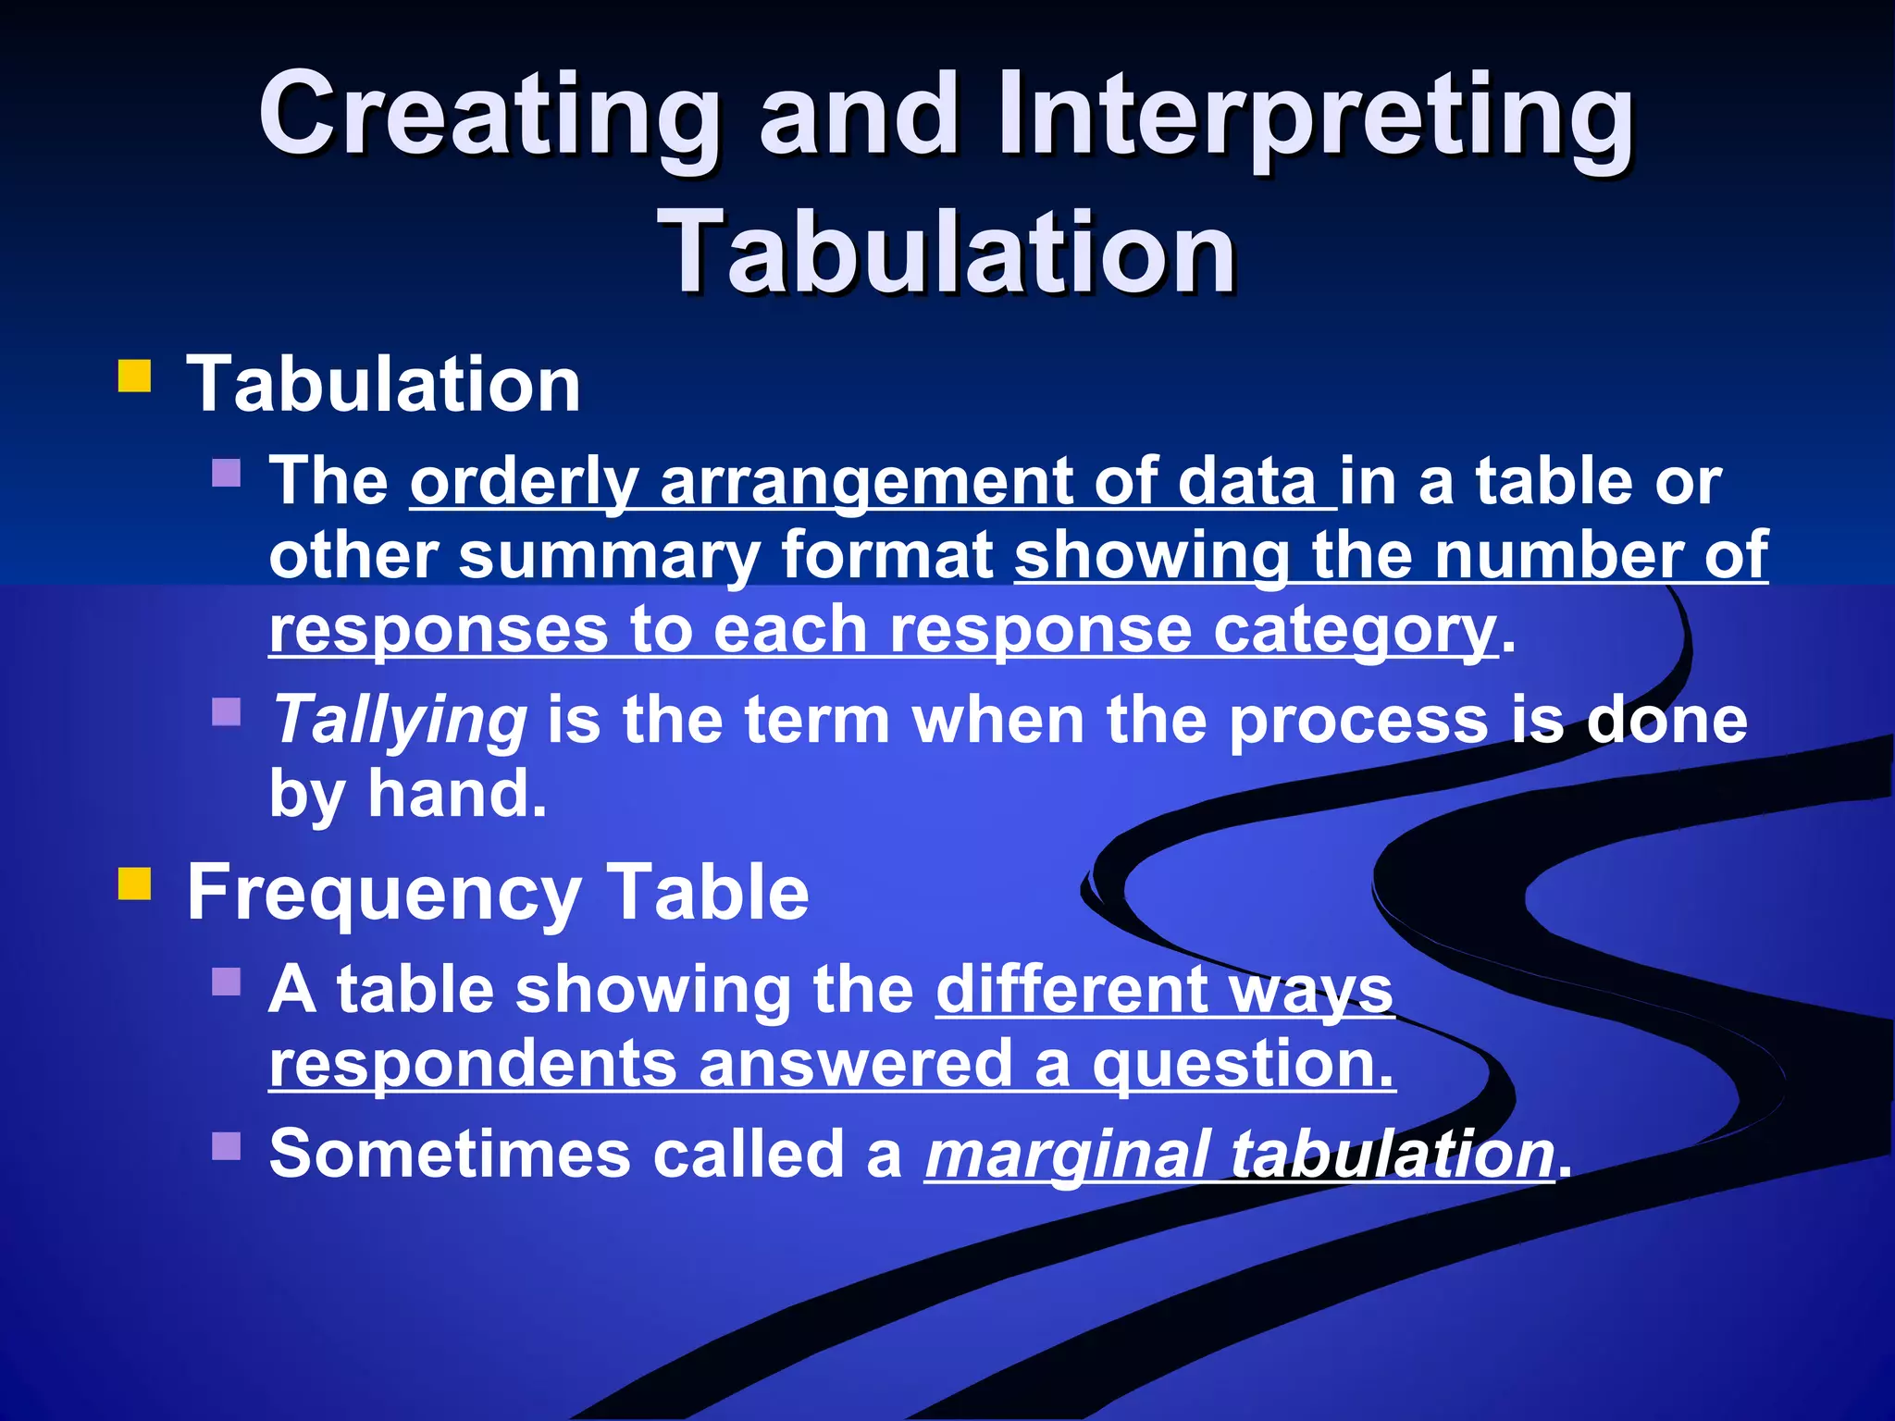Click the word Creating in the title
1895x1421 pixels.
point(489,116)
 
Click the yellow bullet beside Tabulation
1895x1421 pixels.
point(135,378)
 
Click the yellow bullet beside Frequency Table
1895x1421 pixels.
point(135,883)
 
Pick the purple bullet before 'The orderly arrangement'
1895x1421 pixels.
point(227,474)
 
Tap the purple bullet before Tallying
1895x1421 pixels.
point(227,712)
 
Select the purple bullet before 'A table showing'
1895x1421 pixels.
point(227,981)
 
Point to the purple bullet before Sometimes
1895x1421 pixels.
point(227,1146)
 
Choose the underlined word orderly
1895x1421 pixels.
point(524,483)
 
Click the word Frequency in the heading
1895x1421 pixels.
point(384,893)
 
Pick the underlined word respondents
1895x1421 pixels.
point(472,1063)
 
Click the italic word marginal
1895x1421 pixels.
point(1068,1155)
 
